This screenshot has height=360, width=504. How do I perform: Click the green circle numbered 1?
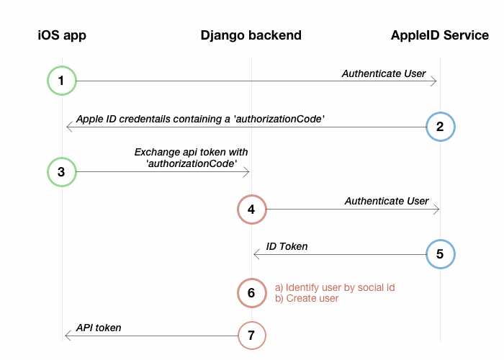[x=62, y=81]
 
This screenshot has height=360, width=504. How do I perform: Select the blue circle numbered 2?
[x=439, y=127]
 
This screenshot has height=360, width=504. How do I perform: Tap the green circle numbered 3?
[x=62, y=172]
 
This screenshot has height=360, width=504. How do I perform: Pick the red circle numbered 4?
[x=251, y=210]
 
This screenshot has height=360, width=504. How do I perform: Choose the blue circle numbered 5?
[x=439, y=254]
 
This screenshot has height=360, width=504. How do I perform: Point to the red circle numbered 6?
[x=251, y=292]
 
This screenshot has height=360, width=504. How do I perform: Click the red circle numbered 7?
[x=251, y=336]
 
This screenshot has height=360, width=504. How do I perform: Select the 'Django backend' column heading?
[x=251, y=35]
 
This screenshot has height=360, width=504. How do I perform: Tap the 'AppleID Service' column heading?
[x=439, y=35]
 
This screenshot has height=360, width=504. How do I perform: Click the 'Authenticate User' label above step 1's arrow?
[x=383, y=73]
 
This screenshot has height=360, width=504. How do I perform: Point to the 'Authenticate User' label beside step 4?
[x=386, y=201]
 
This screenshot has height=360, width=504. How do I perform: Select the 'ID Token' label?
[x=287, y=246]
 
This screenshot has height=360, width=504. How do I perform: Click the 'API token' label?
[x=99, y=328]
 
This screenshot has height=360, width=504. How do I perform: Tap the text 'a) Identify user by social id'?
[x=335, y=287]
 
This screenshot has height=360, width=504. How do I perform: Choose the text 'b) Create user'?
[x=307, y=298]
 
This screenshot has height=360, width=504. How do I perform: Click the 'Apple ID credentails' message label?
[x=199, y=118]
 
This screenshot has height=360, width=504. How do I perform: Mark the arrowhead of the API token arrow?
[x=68, y=336]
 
